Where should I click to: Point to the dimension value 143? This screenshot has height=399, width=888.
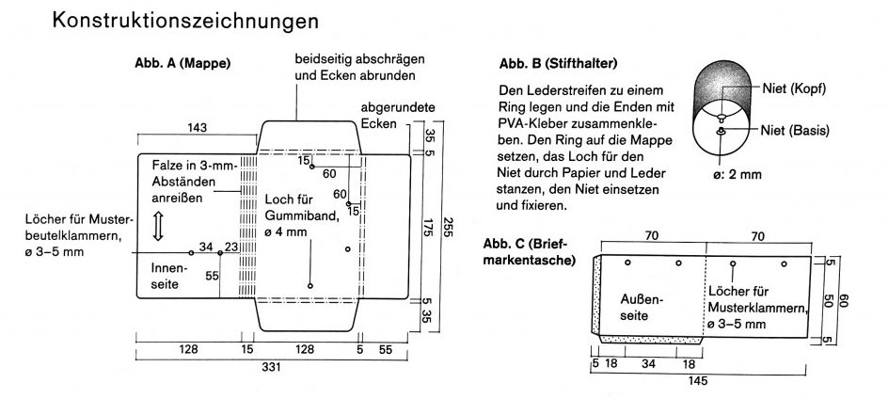point(198,128)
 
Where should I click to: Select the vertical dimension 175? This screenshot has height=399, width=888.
point(428,227)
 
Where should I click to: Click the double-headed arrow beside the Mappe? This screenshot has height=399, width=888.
point(159,227)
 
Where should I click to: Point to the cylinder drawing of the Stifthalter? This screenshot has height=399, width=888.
point(722,109)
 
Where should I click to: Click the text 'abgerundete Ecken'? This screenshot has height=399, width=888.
point(390,115)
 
